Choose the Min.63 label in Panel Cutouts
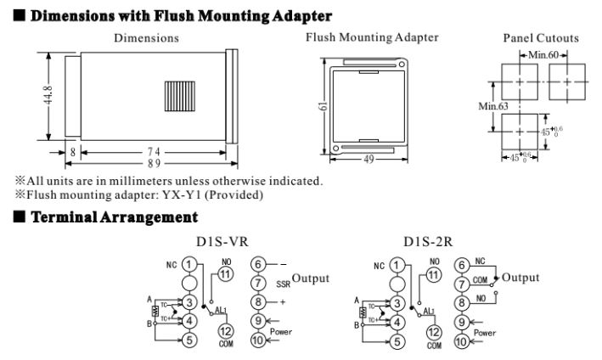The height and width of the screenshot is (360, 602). coord(490,106)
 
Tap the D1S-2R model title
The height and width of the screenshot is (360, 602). coord(430,242)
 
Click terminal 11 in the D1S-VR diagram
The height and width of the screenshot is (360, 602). coord(225,274)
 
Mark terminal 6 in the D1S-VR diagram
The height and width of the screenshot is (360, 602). coord(259,264)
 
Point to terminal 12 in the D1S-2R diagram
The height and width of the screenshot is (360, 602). coord(435,332)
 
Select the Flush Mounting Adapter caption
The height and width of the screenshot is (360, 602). coord(373,37)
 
